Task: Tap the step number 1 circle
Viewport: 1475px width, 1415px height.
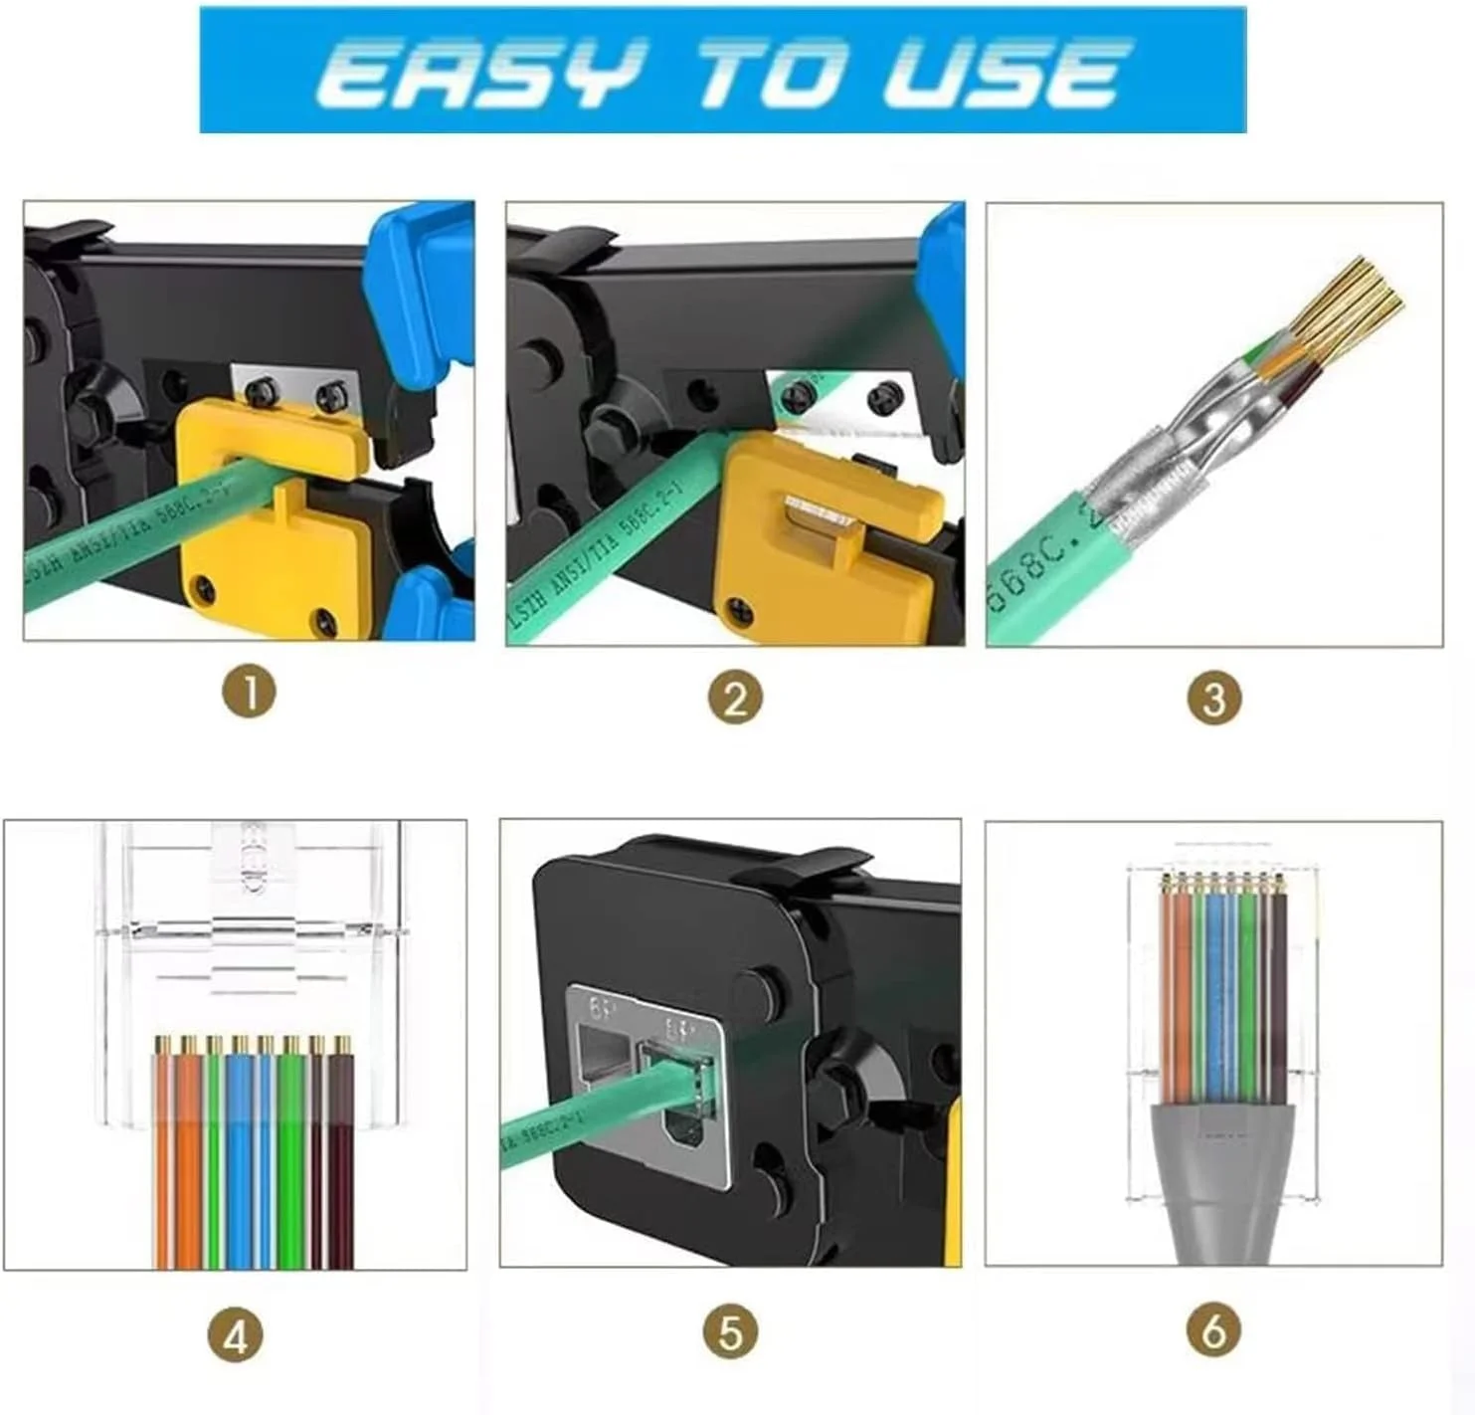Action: pyautogui.click(x=249, y=692)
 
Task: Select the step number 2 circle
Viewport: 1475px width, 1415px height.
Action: pyautogui.click(x=735, y=699)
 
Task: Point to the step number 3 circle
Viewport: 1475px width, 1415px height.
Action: pyautogui.click(x=1213, y=699)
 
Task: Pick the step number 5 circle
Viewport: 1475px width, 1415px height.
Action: pyautogui.click(x=731, y=1332)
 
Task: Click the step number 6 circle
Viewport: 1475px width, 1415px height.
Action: pyautogui.click(x=1213, y=1330)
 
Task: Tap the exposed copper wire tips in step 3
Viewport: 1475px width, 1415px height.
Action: pyautogui.click(x=1353, y=299)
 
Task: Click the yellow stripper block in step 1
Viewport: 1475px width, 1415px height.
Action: pyautogui.click(x=269, y=557)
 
